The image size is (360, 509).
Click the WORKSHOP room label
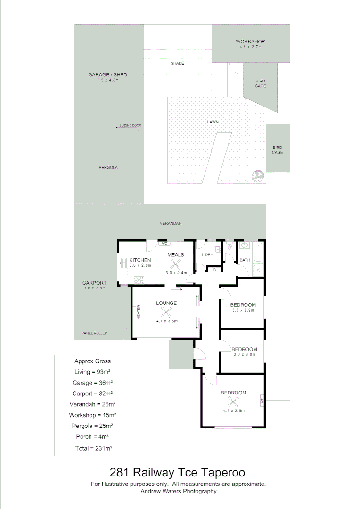[x=250, y=42]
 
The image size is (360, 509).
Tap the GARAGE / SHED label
[x=107, y=75]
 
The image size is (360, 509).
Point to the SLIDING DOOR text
[x=131, y=126]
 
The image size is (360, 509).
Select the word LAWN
[x=213, y=122]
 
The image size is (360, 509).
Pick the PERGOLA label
[x=108, y=167]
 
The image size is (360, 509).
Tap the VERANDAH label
[x=170, y=223]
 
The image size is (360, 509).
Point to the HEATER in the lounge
[x=139, y=312]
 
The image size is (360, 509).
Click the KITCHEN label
[x=140, y=260]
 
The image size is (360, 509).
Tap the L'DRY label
[x=208, y=255]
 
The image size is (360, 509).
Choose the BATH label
[x=245, y=260]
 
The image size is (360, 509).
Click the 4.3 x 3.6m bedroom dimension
[x=234, y=410]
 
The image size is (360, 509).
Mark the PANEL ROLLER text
[x=94, y=333]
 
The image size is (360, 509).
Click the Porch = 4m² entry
[x=93, y=437]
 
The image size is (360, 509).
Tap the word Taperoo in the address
[x=223, y=472]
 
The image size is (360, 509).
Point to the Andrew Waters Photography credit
[x=179, y=491]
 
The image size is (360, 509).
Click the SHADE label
[x=177, y=63]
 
